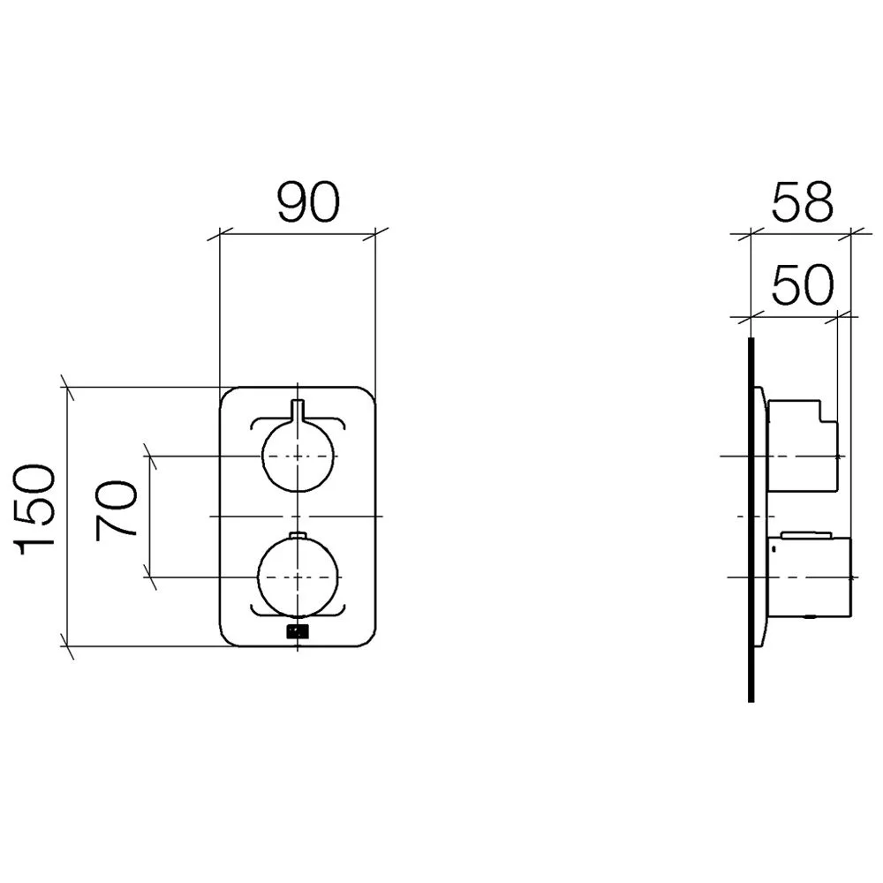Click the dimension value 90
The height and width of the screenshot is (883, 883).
[308, 201]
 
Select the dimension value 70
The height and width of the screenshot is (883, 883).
[117, 509]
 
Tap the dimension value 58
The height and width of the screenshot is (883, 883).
[802, 201]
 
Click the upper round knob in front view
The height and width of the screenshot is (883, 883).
[298, 455]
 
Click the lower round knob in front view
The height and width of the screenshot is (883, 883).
[298, 577]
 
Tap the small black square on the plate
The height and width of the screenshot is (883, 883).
[298, 632]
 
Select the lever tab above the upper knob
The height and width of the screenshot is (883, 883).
[298, 410]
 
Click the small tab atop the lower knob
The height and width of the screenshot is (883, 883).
[298, 535]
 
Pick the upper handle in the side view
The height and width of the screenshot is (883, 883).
[803, 445]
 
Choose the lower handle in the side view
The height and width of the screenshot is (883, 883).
[809, 577]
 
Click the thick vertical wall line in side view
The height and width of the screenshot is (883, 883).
[751, 519]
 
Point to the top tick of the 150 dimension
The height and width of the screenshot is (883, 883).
[67, 387]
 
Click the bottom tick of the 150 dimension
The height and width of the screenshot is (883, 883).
[67, 646]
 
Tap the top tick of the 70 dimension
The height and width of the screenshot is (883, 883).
[150, 455]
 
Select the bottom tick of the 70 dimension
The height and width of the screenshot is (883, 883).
[150, 577]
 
